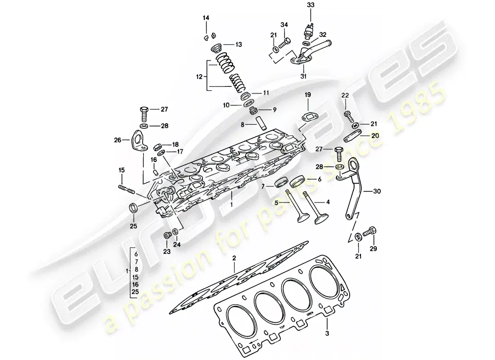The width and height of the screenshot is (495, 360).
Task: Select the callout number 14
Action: tap(206, 18)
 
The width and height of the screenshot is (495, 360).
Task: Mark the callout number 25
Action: tap(134, 225)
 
